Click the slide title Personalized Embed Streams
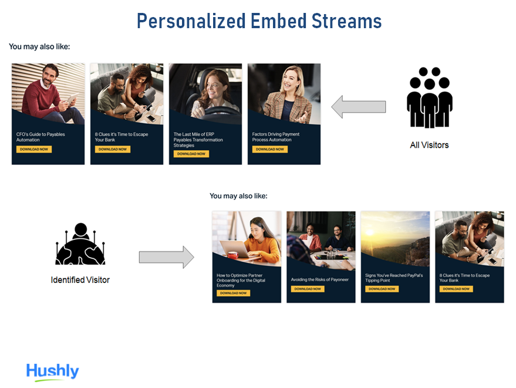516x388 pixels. tap(258, 21)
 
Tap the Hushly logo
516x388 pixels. tap(52, 372)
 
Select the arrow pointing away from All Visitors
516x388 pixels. tap(359, 107)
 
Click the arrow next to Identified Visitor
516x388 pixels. tap(166, 257)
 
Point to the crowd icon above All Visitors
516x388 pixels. tap(429, 97)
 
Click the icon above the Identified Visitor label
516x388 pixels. tap(80, 245)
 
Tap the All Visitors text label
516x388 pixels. tap(429, 145)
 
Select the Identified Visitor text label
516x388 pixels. tap(80, 280)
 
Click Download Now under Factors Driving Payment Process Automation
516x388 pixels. tap(269, 149)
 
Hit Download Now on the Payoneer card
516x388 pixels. tap(308, 289)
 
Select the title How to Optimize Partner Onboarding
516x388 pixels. tap(241, 278)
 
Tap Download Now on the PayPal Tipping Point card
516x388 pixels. tap(382, 289)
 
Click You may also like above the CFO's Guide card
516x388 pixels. tap(39, 46)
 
